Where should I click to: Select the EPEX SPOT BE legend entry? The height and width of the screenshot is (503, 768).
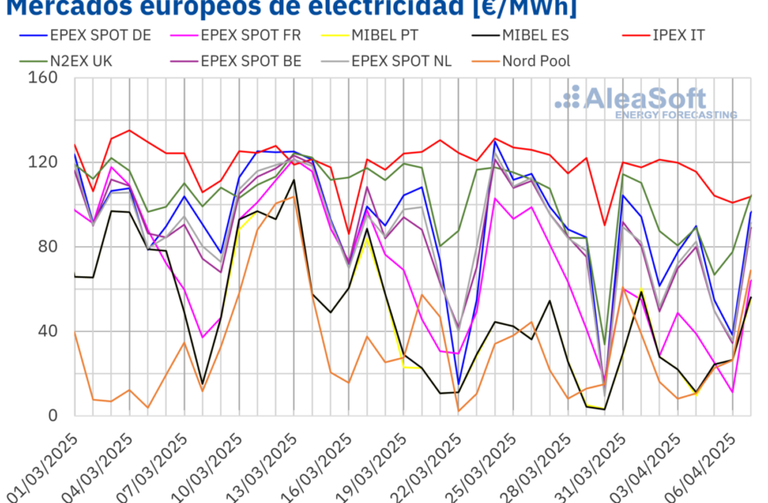click(x=251, y=61)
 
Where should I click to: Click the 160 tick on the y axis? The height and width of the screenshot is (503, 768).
click(x=44, y=78)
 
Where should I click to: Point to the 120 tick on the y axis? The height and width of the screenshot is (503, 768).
click(x=44, y=162)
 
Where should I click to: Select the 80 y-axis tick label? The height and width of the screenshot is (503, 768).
click(x=49, y=246)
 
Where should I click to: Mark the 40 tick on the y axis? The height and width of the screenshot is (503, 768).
click(x=49, y=331)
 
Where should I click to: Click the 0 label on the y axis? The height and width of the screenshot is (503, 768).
click(x=53, y=416)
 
